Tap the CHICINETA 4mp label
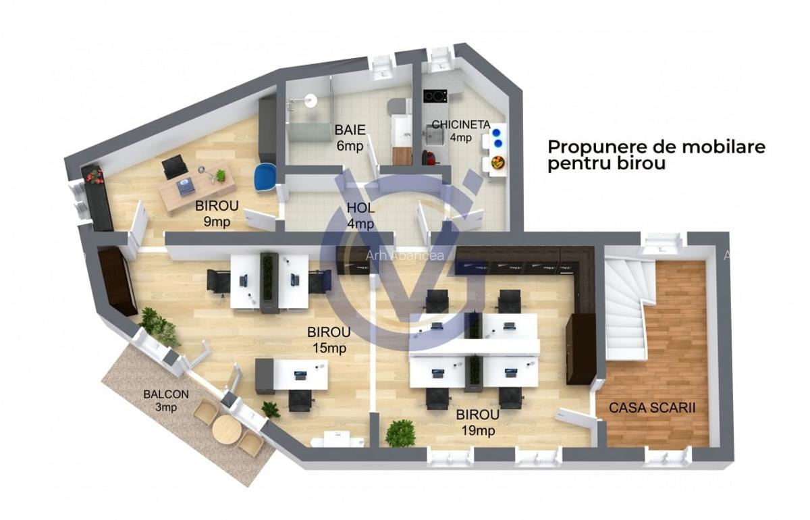click(x=462, y=130)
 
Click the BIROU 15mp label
click(x=328, y=340)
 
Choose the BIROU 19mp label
click(x=477, y=421)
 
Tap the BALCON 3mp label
click(x=166, y=400)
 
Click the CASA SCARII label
click(x=652, y=408)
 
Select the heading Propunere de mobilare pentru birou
click(x=655, y=155)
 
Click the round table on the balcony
click(x=225, y=428)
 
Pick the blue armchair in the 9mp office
click(x=266, y=178)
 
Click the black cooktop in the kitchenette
click(x=435, y=96)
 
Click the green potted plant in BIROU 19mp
click(x=400, y=432)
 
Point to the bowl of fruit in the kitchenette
click(x=498, y=162)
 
